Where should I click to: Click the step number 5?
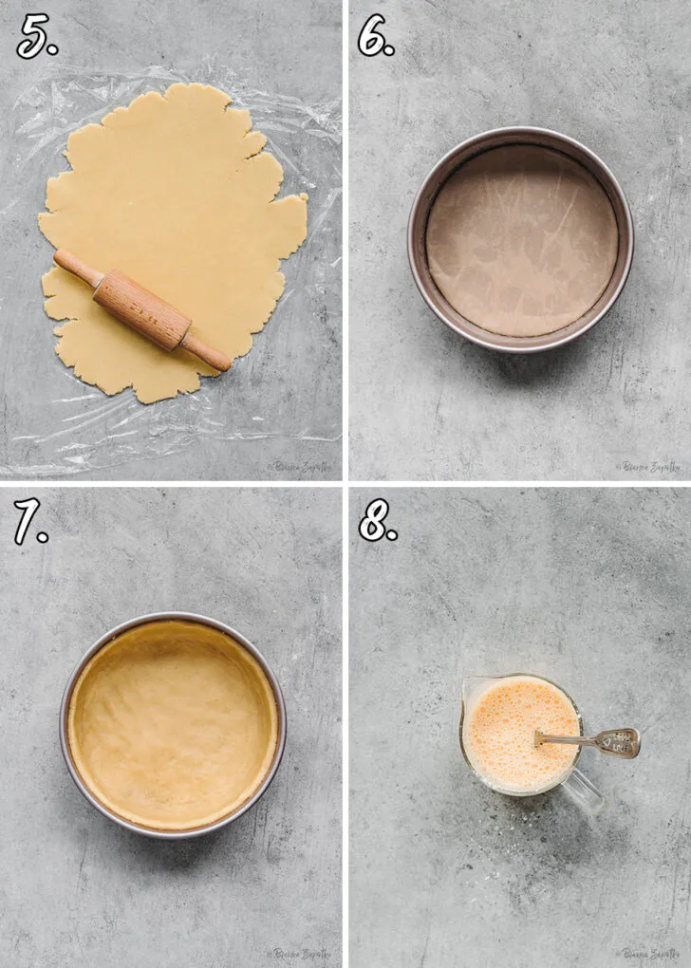coord(36,36)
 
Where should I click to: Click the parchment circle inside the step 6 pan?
coord(521,239)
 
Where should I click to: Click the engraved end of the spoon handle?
coord(621,742)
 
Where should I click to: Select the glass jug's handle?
coord(586,793)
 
